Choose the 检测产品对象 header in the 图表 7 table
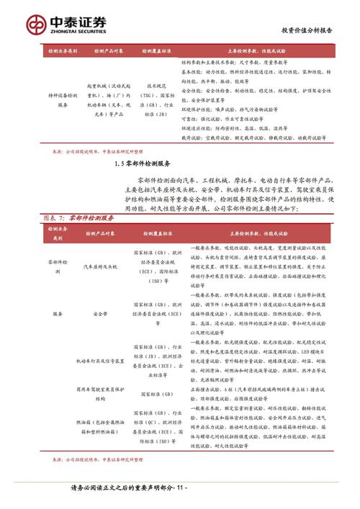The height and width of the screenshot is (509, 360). coord(100,234)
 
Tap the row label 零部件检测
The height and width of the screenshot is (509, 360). coord(58,266)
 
